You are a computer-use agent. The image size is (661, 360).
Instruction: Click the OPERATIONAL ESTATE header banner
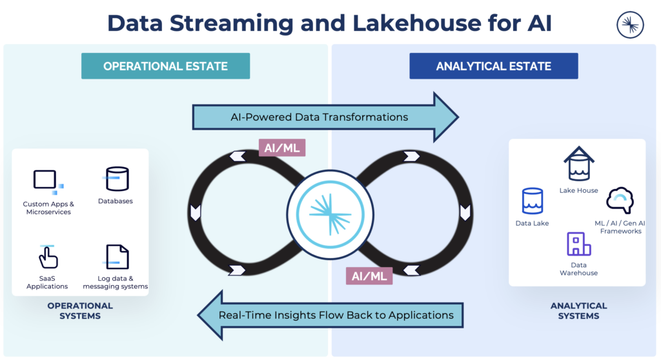165,66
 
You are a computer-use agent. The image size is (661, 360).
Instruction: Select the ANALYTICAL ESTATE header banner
493,66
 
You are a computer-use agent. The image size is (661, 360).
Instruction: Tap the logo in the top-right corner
631,25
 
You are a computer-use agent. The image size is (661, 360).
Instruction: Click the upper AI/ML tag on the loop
281,147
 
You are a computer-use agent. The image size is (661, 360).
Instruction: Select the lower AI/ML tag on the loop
369,275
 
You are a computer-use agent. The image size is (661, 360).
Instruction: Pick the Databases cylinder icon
117,179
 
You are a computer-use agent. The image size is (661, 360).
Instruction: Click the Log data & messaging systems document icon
116,257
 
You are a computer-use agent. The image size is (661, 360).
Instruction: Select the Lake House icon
578,165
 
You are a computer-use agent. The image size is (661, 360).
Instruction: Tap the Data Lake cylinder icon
532,201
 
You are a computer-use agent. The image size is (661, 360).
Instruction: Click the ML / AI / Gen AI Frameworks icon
620,201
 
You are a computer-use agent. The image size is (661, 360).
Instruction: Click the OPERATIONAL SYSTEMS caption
80,310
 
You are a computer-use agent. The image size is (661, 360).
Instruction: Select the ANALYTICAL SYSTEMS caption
578,310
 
